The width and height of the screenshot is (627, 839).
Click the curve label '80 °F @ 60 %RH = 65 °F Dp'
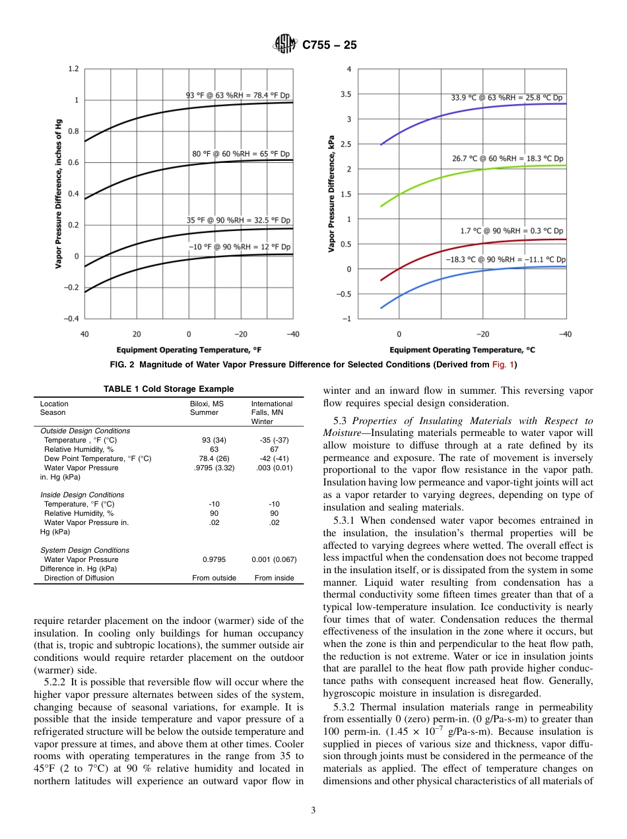[x=241, y=154]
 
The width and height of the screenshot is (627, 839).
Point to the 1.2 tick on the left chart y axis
[x=73, y=69]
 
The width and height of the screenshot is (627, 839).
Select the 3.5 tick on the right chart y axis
[x=345, y=94]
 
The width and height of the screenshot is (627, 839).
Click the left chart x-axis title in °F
[x=189, y=350]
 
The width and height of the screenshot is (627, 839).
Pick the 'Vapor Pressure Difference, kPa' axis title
[x=331, y=193]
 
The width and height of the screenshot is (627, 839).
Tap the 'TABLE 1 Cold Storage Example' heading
[x=168, y=389]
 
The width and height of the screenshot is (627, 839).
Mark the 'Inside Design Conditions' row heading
[x=82, y=494]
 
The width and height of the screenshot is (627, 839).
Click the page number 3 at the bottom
[x=313, y=811]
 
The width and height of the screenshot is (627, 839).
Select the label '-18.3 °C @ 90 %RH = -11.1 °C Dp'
[x=506, y=260]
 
